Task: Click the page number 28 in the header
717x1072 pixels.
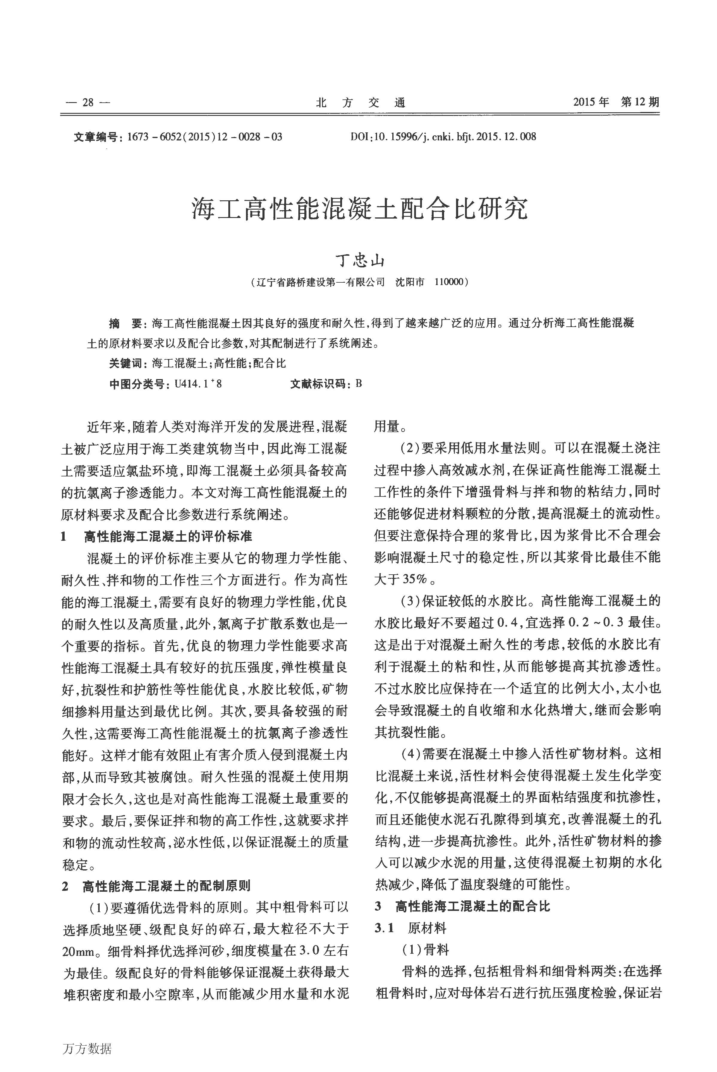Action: (88, 102)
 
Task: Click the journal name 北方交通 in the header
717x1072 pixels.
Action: (361, 102)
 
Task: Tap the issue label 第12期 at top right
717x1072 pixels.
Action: (640, 102)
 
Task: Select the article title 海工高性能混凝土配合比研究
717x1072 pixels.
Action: (359, 209)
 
